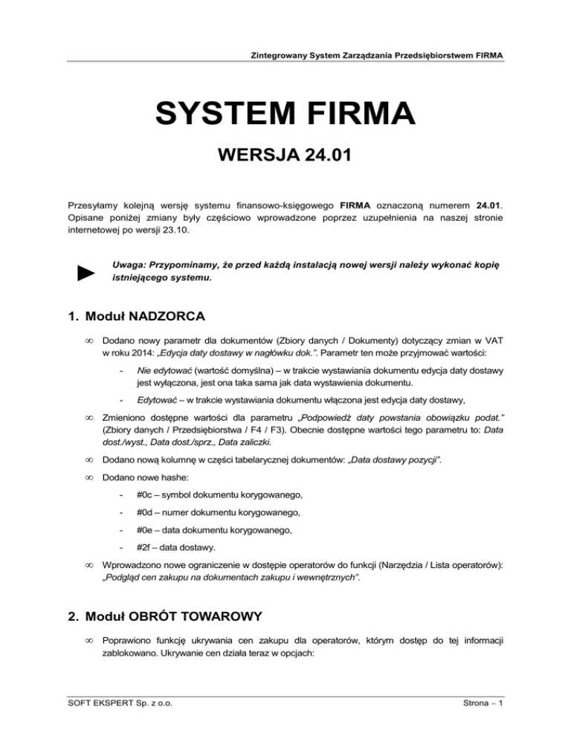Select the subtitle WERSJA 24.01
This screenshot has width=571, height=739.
(285, 158)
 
